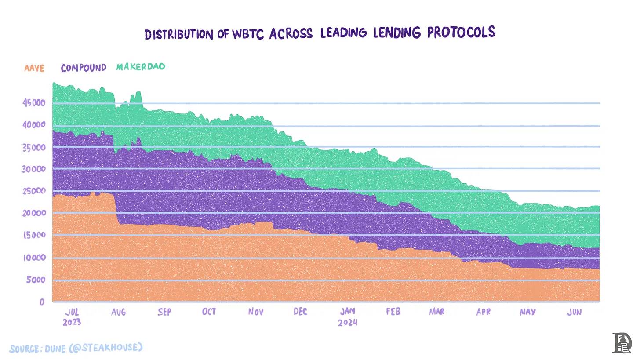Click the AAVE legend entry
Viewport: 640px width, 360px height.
coord(34,69)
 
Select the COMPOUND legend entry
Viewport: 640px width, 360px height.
coord(84,68)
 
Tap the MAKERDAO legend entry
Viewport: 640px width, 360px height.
coord(141,67)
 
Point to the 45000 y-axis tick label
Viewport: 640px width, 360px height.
coord(34,103)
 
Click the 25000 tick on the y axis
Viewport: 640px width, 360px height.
coord(34,191)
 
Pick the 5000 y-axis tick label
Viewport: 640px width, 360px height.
coord(36,280)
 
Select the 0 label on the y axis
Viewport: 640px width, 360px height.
coord(42,302)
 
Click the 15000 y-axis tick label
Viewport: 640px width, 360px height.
coord(34,235)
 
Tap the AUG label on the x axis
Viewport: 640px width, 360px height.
coord(118,312)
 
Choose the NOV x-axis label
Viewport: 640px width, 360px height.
coord(255,312)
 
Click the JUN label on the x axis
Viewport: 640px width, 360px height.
coord(574,312)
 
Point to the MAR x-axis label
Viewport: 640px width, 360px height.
coord(436,311)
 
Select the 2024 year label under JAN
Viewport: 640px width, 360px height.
coord(348,323)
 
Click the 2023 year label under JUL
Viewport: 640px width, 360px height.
coord(72,322)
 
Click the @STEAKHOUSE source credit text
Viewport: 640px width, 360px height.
coord(105,348)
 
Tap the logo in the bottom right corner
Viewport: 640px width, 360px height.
coord(622,343)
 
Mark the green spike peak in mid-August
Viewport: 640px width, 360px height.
coord(138,92)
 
